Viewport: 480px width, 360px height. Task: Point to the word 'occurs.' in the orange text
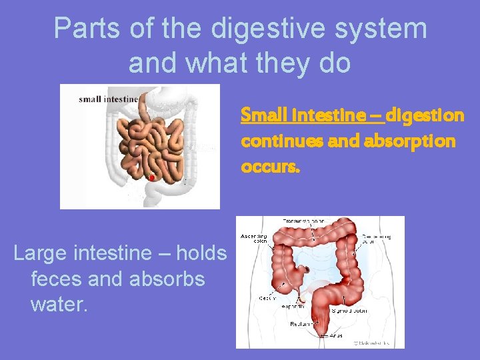[x=271, y=167]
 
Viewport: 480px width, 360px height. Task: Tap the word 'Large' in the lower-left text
[x=43, y=253]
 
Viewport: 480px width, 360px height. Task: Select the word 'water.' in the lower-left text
[x=59, y=305]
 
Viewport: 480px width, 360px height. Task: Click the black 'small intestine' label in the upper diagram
[x=109, y=99]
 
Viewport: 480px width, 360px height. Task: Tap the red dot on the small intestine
[x=151, y=178]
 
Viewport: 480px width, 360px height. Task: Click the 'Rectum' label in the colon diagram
[x=301, y=324]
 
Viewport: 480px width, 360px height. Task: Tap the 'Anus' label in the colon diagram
[x=337, y=335]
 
